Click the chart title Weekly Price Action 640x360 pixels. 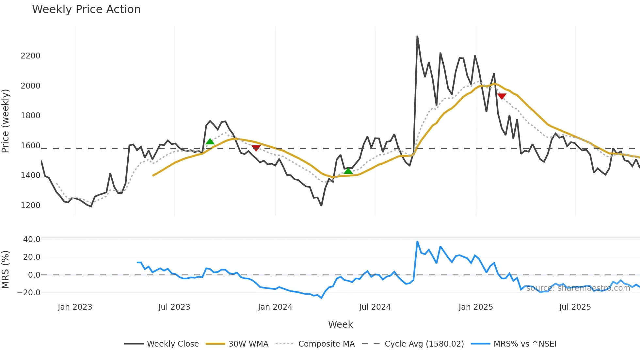coord(86,9)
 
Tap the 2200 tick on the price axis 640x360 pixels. coord(30,56)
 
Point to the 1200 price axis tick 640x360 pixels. coord(30,205)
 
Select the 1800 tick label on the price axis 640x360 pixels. coord(30,116)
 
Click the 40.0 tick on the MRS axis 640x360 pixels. coord(32,239)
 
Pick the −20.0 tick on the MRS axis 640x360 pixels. coord(29,293)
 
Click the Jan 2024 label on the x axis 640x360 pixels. coord(275,307)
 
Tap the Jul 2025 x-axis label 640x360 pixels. coord(575,307)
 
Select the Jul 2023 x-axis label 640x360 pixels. coord(174,307)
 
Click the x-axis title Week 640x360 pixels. coord(340,324)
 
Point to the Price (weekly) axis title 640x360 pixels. coord(5,121)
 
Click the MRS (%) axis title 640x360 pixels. coord(5,270)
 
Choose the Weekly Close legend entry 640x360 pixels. coord(172,344)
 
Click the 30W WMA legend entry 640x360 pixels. coord(248,344)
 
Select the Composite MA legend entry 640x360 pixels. coord(326,344)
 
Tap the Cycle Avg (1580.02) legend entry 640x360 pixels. coord(424,344)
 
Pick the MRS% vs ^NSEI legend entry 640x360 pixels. coord(525,344)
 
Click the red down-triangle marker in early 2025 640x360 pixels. coord(502,96)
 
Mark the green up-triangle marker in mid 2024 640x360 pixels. coord(348,171)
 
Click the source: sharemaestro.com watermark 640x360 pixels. coord(578,288)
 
